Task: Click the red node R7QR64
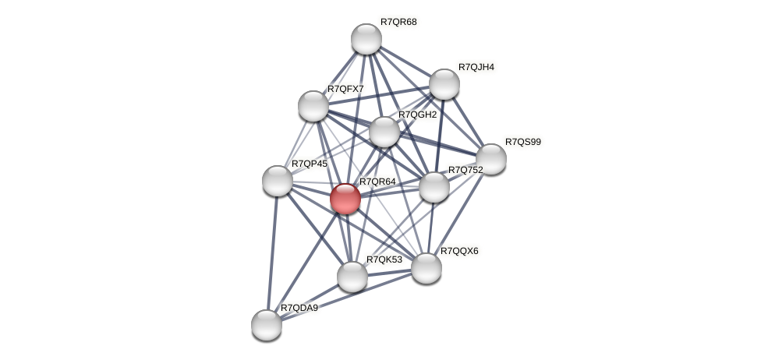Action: click(345, 198)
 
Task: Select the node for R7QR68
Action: click(366, 39)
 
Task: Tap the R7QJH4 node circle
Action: click(444, 84)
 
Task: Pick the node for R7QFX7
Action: click(313, 106)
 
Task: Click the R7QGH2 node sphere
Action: click(384, 132)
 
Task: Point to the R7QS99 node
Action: click(490, 159)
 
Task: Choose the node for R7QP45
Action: click(277, 181)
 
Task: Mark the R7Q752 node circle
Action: click(434, 187)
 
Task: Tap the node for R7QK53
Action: click(352, 276)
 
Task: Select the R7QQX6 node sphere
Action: click(426, 268)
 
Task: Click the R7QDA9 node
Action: click(266, 325)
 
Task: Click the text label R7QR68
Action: click(398, 22)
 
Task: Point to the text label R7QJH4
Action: click(476, 68)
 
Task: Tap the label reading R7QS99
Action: click(522, 142)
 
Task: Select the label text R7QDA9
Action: click(299, 309)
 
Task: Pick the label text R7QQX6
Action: click(459, 251)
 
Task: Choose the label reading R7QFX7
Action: click(345, 90)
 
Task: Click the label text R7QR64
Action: click(377, 182)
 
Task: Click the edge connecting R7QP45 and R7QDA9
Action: click(271, 253)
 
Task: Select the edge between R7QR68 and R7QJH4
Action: click(405, 62)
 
